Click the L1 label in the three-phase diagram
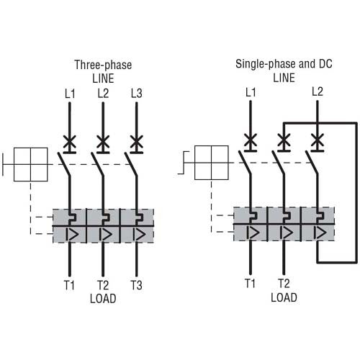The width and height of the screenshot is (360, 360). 69,94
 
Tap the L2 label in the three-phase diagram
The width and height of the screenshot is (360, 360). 103,94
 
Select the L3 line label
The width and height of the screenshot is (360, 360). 137,94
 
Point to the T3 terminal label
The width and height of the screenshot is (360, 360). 136,285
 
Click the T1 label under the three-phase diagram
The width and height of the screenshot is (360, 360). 69,285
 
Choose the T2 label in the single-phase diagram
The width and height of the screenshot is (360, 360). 284,284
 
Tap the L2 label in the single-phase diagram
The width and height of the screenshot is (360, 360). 318,91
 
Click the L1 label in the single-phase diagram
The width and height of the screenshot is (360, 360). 251,92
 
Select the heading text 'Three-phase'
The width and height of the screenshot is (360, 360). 103,65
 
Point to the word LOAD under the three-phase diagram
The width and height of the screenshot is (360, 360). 103,298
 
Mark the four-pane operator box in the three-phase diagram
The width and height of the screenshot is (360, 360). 30,164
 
